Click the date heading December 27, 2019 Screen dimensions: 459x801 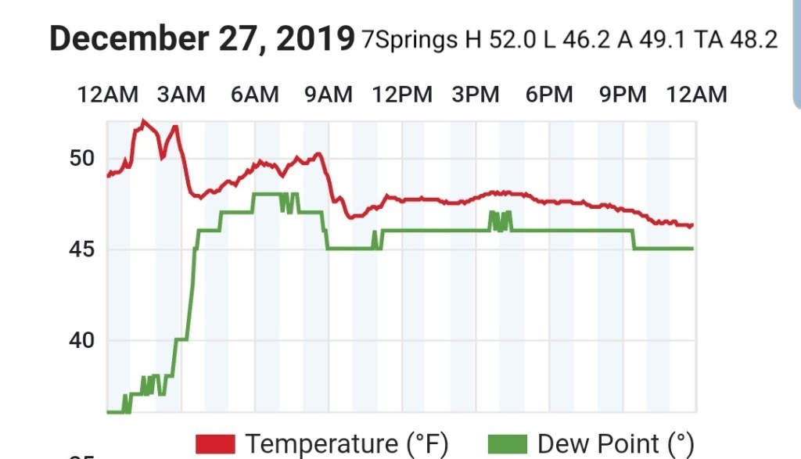[x=202, y=38]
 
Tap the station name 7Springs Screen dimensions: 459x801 [x=409, y=39]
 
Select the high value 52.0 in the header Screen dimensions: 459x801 [x=512, y=39]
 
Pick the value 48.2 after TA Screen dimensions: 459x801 [x=753, y=39]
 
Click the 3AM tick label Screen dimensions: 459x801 [x=181, y=95]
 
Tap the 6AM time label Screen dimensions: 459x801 [x=255, y=95]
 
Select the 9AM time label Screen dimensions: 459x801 [x=329, y=95]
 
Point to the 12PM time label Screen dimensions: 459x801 [x=402, y=95]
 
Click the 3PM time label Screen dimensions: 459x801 [x=476, y=95]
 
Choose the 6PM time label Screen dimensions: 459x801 [x=549, y=95]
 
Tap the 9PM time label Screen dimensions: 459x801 [x=623, y=95]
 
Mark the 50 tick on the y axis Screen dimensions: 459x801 [x=82, y=159]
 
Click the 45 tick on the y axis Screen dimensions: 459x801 [x=82, y=249]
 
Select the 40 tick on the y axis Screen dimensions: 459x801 [x=82, y=340]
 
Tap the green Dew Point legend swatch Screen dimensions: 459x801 [x=508, y=444]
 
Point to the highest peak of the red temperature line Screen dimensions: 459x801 [x=142, y=120]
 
